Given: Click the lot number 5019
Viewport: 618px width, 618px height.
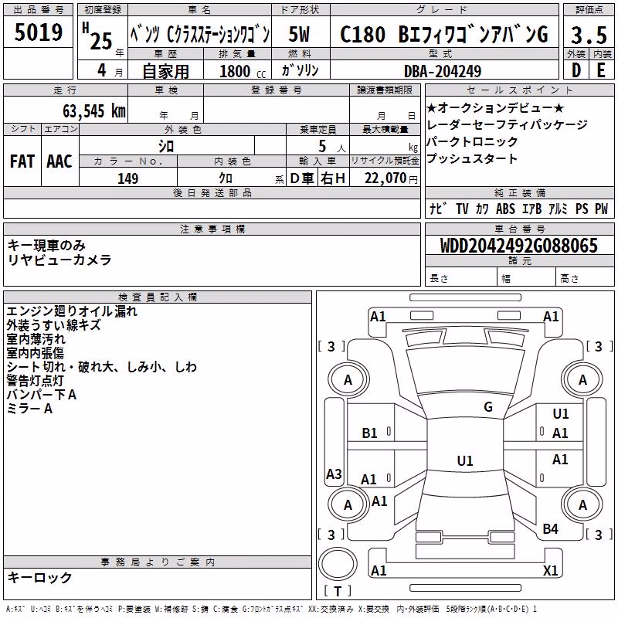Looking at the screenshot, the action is [x=38, y=32].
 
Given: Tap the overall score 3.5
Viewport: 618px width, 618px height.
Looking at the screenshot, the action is [x=589, y=35].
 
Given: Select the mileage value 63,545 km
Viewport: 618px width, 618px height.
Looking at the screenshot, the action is [x=94, y=111].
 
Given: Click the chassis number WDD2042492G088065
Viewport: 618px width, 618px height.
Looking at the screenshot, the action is [x=518, y=246].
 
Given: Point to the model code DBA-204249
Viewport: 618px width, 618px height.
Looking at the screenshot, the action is [x=443, y=71].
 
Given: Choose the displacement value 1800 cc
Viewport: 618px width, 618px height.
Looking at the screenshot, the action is [x=243, y=71].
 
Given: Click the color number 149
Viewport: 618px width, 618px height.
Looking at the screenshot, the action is [x=127, y=178].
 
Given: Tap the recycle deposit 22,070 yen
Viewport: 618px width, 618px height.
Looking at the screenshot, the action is [x=391, y=178].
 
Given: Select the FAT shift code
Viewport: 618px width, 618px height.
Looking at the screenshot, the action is [x=22, y=161].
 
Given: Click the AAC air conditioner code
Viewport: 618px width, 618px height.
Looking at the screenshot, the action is [x=59, y=161].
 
